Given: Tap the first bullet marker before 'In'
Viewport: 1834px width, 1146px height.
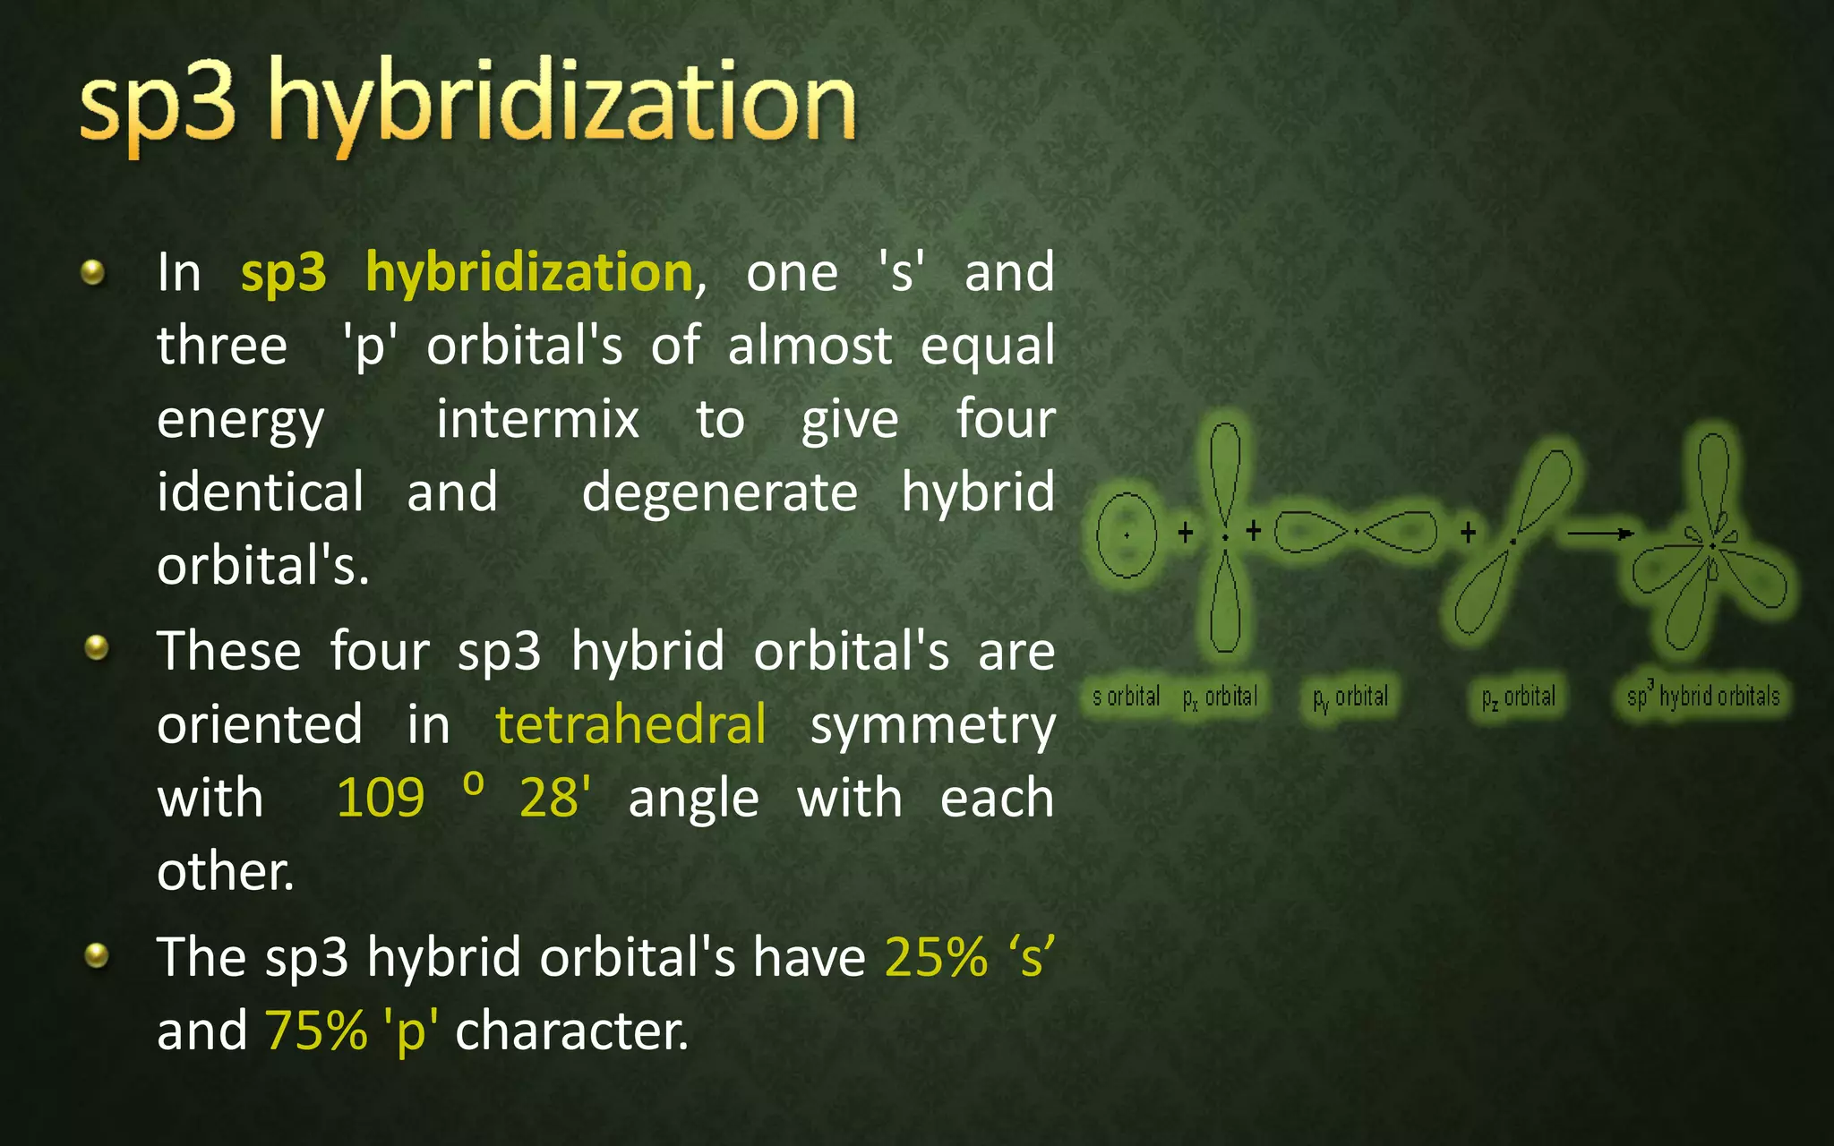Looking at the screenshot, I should (93, 272).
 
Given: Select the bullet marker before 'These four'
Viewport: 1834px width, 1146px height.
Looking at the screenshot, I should (96, 647).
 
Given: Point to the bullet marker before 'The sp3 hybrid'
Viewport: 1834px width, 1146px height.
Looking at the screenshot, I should (96, 955).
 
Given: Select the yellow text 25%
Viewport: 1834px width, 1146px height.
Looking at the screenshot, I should (936, 957).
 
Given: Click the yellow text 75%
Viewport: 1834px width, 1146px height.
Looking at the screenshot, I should (316, 1031).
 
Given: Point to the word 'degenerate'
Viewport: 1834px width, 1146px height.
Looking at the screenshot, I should (719, 492).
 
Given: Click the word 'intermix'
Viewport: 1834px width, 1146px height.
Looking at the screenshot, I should (537, 419).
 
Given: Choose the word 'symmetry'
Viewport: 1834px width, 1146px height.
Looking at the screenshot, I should (932, 725).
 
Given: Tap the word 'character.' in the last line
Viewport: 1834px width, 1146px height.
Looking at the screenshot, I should (571, 1031).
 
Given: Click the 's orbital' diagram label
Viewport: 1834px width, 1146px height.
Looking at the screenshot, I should (1126, 696).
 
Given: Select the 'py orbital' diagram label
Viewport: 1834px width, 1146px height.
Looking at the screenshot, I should (1350, 697).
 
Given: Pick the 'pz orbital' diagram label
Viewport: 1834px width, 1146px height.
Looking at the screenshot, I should (1519, 697).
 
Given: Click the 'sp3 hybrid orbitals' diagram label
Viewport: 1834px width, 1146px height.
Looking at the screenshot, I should (1703, 696).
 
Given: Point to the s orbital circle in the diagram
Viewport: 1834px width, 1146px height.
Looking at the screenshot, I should (1127, 535).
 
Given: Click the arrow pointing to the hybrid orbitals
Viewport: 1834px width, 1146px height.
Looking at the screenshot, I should (1600, 534).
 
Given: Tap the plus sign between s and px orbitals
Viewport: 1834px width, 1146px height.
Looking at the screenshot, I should (1186, 533).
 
